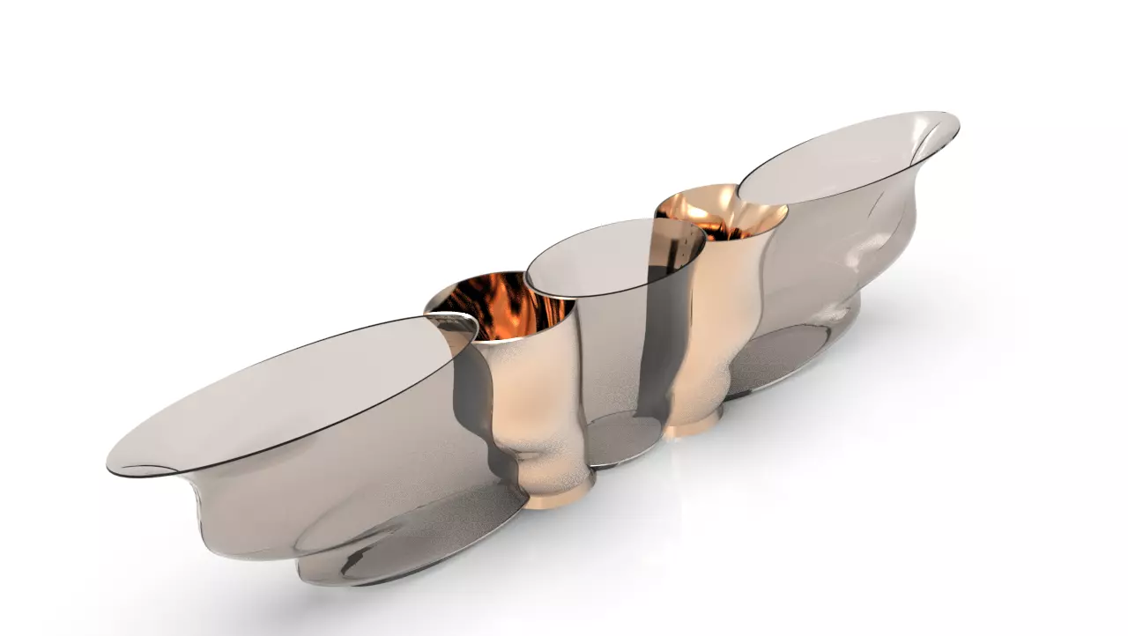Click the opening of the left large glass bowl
[x=291, y=392]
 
